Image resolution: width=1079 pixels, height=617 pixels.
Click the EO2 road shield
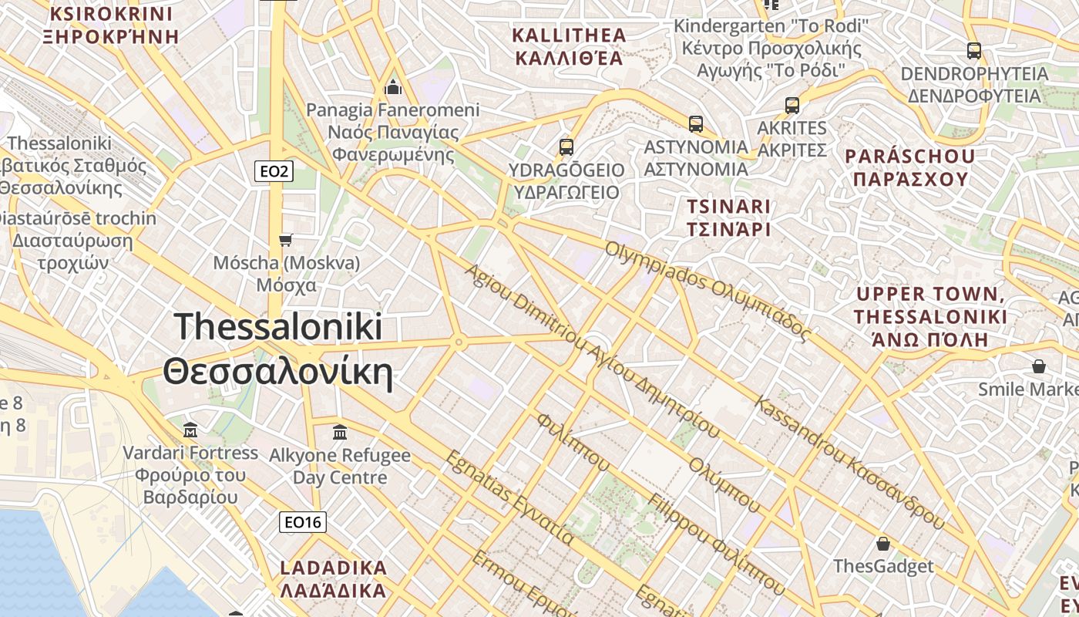(274, 171)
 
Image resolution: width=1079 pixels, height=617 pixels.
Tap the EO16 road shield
(302, 522)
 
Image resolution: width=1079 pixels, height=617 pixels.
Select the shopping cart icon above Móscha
(286, 240)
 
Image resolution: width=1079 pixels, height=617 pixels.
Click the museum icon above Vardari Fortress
(190, 430)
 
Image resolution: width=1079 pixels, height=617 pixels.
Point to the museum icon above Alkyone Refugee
(340, 433)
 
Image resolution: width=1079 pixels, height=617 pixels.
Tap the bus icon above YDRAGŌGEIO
(566, 146)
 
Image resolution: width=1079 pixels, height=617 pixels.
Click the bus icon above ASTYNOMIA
(696, 123)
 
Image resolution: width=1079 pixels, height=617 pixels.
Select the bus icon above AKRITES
(792, 106)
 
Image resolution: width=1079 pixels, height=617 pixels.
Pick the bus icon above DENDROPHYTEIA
(974, 51)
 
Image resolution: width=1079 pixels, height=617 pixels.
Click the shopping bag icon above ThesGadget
(883, 544)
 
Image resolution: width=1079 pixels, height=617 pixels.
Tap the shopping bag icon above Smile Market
(1039, 366)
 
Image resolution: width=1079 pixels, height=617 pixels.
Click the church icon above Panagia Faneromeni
(393, 87)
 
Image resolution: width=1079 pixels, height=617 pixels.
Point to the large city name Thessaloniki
(278, 326)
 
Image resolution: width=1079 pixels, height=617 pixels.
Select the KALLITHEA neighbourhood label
(570, 35)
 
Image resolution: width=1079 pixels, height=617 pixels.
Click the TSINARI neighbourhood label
(728, 207)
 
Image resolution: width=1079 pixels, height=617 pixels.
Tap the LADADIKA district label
(333, 568)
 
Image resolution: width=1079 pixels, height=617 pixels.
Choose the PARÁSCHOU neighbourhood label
(910, 157)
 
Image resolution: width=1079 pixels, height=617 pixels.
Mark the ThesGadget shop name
(883, 567)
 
